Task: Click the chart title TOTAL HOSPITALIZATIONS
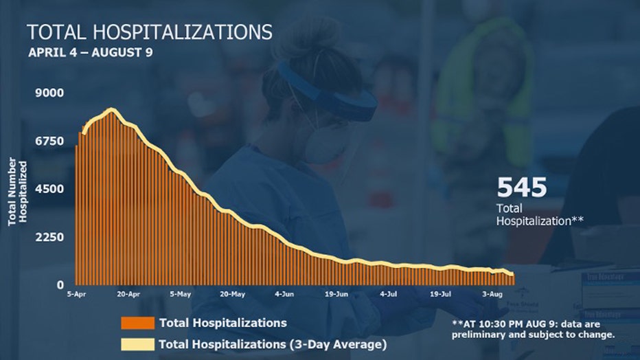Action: pyautogui.click(x=149, y=32)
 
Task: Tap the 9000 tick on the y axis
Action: pyautogui.click(x=50, y=93)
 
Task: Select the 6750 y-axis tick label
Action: pyautogui.click(x=50, y=141)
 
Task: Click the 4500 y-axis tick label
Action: pyautogui.click(x=50, y=189)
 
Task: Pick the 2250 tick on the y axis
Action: pyautogui.click(x=50, y=237)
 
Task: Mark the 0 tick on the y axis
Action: pyautogui.click(x=60, y=284)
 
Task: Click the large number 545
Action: pyautogui.click(x=522, y=188)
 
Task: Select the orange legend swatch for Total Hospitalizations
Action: pyautogui.click(x=137, y=323)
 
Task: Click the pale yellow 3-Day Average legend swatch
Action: pyautogui.click(x=137, y=344)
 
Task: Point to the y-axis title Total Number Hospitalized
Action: pyautogui.click(x=17, y=192)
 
